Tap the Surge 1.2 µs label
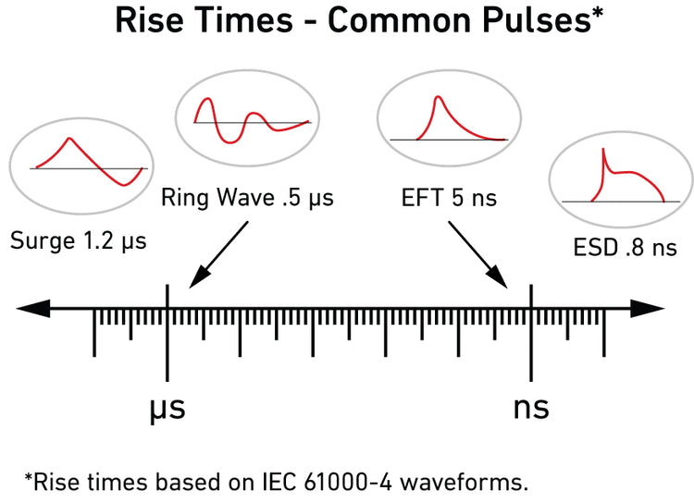click(79, 242)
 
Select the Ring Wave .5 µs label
click(247, 197)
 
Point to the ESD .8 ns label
click(617, 248)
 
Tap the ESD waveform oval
click(619, 179)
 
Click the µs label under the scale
click(167, 408)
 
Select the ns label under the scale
click(531, 408)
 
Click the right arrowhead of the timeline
click(651, 310)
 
